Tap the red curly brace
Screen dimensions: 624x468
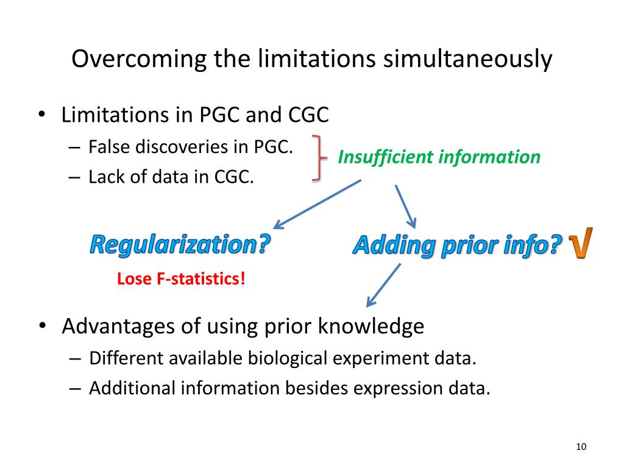(316, 158)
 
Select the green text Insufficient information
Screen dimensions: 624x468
(439, 157)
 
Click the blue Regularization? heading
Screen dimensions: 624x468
(180, 245)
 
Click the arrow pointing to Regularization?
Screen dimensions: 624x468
(317, 204)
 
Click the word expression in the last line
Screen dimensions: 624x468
(388, 388)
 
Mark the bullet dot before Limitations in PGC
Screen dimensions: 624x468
(42, 115)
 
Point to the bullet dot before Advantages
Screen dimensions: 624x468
(42, 327)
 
